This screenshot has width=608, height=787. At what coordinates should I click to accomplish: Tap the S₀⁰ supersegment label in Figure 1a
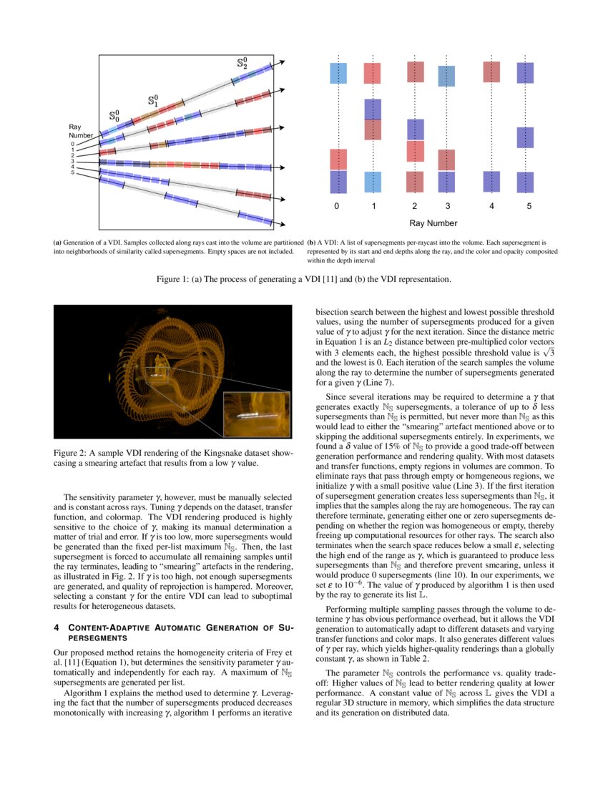[114, 114]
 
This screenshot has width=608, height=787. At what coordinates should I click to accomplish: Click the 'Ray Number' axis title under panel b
[433, 223]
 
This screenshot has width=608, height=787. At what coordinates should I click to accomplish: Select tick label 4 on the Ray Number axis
[491, 207]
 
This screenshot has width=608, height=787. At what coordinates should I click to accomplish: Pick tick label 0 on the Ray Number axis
[336, 207]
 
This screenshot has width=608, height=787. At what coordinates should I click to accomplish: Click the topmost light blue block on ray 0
[338, 74]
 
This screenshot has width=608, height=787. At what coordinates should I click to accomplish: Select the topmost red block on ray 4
[491, 72]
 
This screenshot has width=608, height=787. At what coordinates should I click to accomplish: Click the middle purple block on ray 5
[526, 137]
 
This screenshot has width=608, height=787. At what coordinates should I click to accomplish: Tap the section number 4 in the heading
[57, 628]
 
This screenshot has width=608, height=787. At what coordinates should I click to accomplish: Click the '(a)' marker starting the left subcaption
[58, 243]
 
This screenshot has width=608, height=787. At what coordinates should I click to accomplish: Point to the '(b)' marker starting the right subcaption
[311, 243]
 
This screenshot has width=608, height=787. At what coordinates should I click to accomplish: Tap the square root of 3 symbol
[548, 352]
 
